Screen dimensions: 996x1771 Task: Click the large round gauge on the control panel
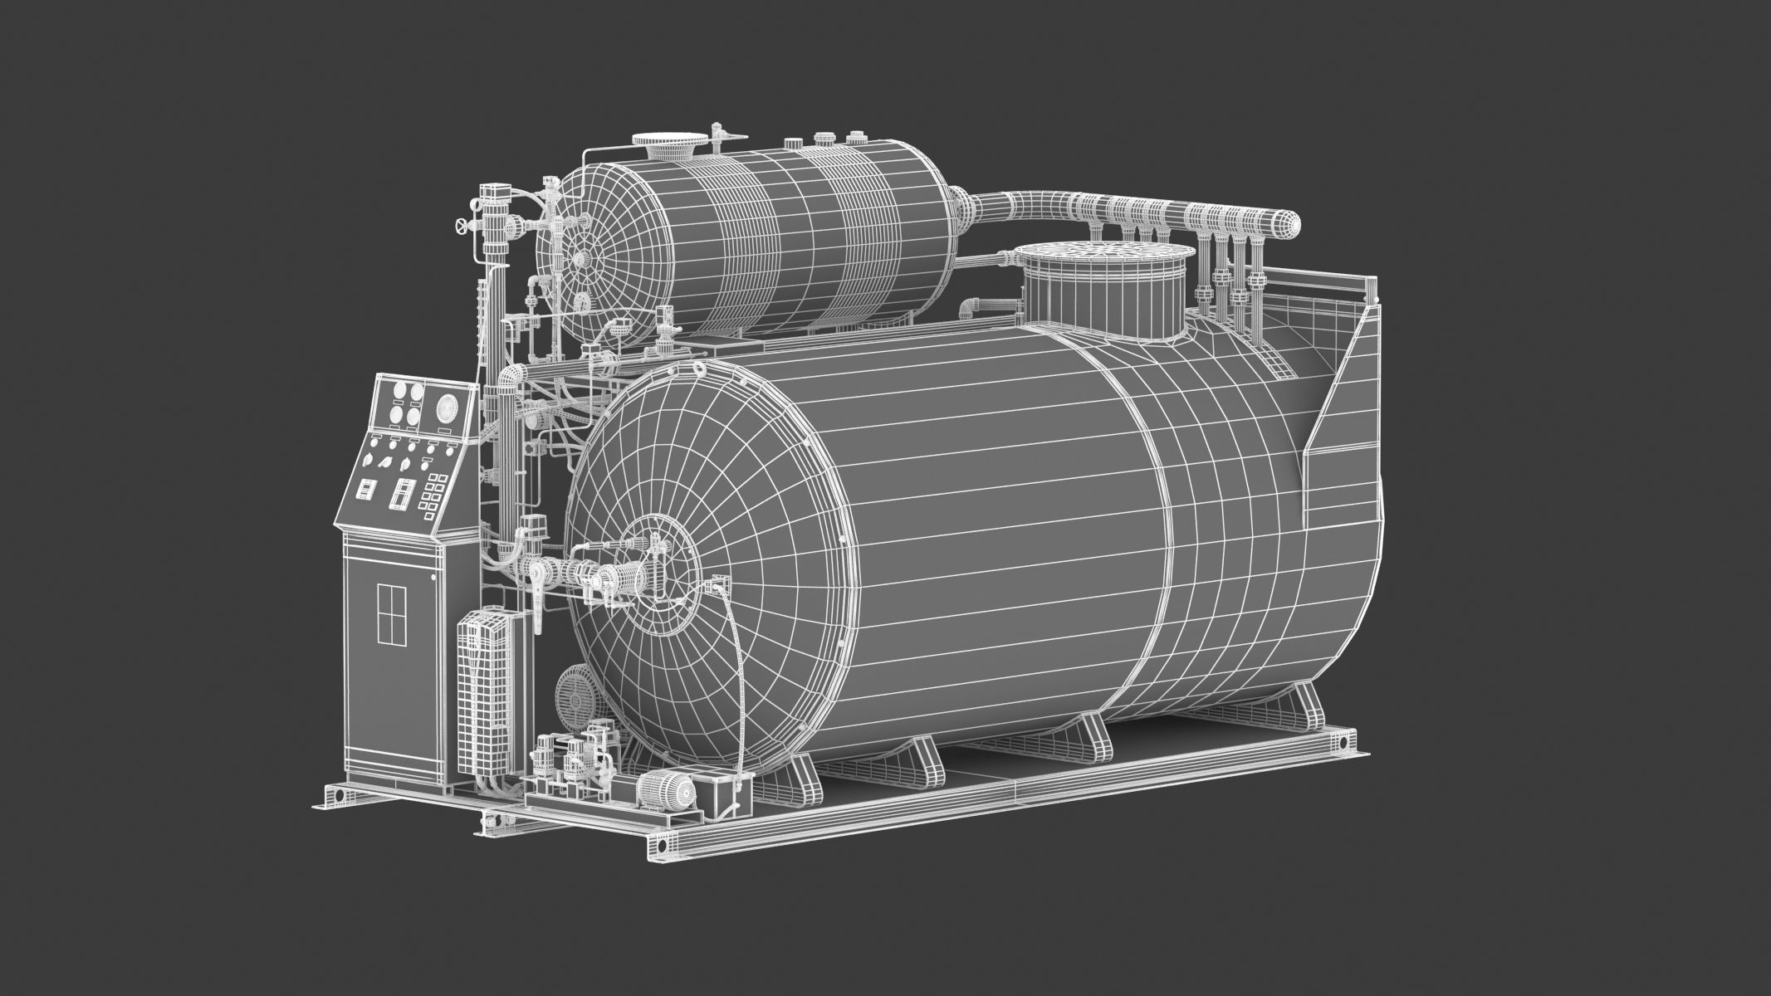448,408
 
